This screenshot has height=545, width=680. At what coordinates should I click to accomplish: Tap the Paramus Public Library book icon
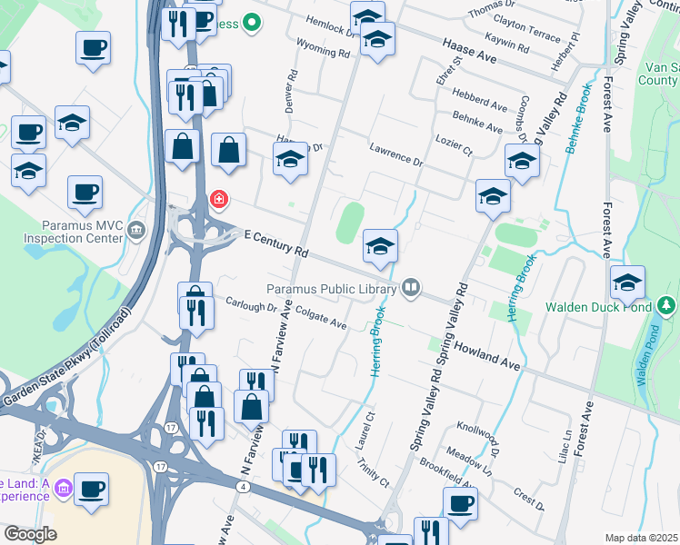[411, 288]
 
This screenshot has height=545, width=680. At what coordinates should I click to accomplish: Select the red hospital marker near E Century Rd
[218, 198]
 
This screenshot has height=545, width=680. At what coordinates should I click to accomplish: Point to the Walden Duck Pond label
[599, 307]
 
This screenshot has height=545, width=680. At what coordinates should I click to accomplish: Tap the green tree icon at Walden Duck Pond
[668, 305]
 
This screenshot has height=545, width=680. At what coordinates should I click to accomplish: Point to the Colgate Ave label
[323, 322]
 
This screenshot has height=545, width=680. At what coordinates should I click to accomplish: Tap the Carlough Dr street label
[250, 307]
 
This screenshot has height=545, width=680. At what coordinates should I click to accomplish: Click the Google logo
[30, 534]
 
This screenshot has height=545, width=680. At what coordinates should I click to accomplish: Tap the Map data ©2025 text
[641, 538]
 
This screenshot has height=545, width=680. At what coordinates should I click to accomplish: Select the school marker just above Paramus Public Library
[380, 246]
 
